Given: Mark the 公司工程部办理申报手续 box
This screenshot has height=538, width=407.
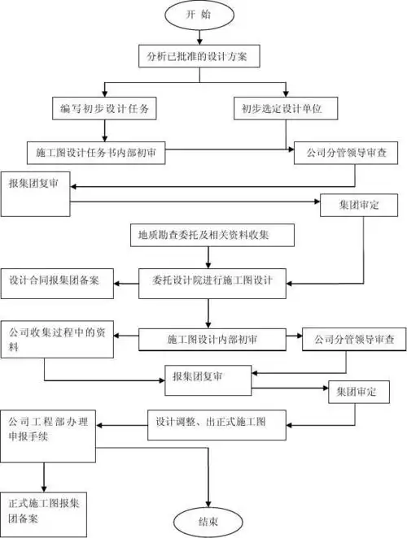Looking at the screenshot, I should (x=52, y=427).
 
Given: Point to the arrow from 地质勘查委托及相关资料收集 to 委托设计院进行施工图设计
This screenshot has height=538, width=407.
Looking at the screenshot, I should (x=210, y=256).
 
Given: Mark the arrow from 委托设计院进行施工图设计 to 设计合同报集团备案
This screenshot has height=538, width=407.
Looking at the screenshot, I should (x=127, y=284).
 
